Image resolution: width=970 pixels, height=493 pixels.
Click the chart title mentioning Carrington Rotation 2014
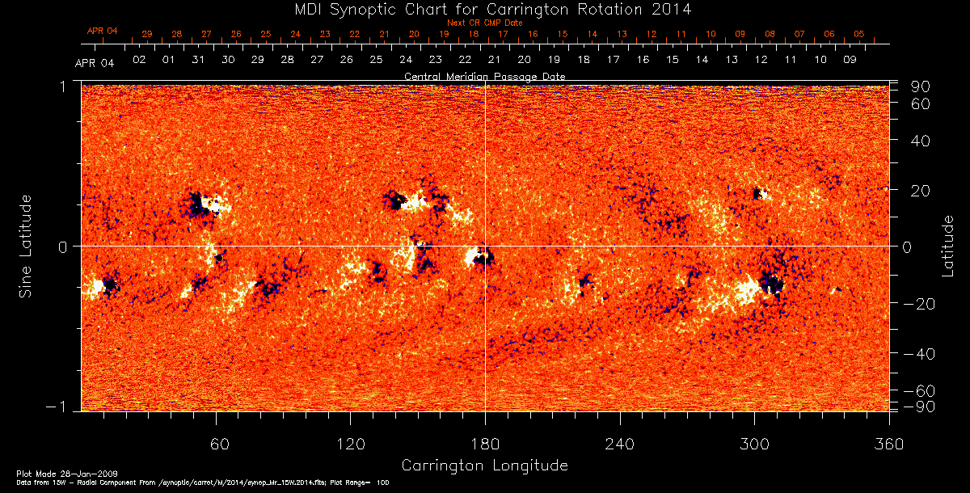pyautogui.click(x=484, y=9)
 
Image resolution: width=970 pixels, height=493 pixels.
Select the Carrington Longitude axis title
pyautogui.click(x=484, y=466)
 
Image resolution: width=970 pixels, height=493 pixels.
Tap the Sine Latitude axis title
pyautogui.click(x=26, y=245)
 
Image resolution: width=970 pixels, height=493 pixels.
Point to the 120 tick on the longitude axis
pyautogui.click(x=350, y=444)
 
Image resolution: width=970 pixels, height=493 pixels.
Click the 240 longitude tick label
pyautogui.click(x=619, y=444)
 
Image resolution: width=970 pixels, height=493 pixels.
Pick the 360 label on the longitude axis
pyautogui.click(x=888, y=444)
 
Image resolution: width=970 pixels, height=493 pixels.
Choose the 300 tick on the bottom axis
pyautogui.click(x=753, y=444)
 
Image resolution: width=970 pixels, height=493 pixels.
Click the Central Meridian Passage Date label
pyautogui.click(x=484, y=76)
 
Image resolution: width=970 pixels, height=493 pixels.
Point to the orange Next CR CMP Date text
pyautogui.click(x=484, y=23)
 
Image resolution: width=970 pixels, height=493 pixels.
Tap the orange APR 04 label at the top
pyautogui.click(x=102, y=31)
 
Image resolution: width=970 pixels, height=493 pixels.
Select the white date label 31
pyautogui.click(x=198, y=60)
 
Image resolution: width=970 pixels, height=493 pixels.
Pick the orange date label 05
pyautogui.click(x=858, y=34)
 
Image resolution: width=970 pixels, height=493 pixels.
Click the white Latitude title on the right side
pyautogui.click(x=948, y=245)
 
